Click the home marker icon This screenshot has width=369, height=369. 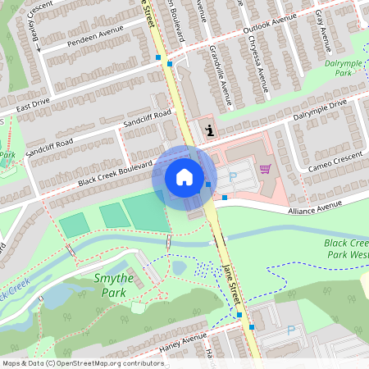pyautogui.click(x=184, y=177)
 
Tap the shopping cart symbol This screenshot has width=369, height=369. pyautogui.click(x=265, y=169)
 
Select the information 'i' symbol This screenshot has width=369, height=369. pyautogui.click(x=211, y=130)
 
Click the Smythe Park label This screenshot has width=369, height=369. pyautogui.click(x=112, y=284)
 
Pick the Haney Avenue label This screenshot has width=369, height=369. pyautogui.click(x=182, y=339)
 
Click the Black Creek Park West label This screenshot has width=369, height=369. pyautogui.click(x=346, y=249)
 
